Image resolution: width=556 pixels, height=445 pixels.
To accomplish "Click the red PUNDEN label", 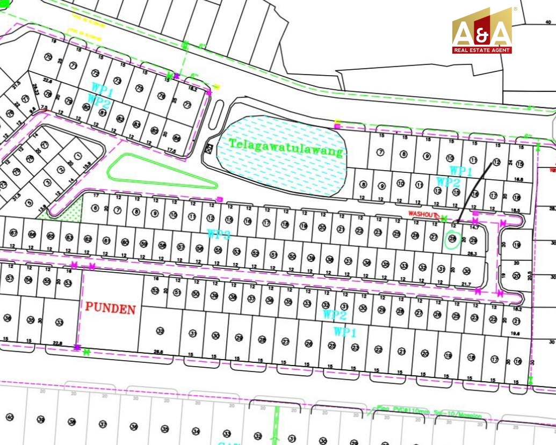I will coord(110,309).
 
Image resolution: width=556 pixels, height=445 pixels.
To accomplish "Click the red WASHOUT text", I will coord(423,214).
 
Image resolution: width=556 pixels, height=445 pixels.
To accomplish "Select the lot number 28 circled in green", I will coord(452,239).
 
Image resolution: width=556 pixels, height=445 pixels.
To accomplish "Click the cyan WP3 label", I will coord(219,234).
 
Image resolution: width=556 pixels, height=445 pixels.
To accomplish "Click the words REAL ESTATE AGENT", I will coord(481,50).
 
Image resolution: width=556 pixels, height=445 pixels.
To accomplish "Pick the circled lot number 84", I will coord(177,138).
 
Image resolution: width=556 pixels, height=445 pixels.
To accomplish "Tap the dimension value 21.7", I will coord(466,284).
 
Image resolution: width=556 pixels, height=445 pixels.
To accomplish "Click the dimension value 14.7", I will coord(473,228).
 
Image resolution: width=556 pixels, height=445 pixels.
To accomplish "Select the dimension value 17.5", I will coord(172,151).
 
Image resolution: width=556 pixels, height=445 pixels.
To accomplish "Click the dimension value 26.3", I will coord(473,254).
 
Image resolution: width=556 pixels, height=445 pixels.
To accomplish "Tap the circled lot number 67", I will coord(14,234).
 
